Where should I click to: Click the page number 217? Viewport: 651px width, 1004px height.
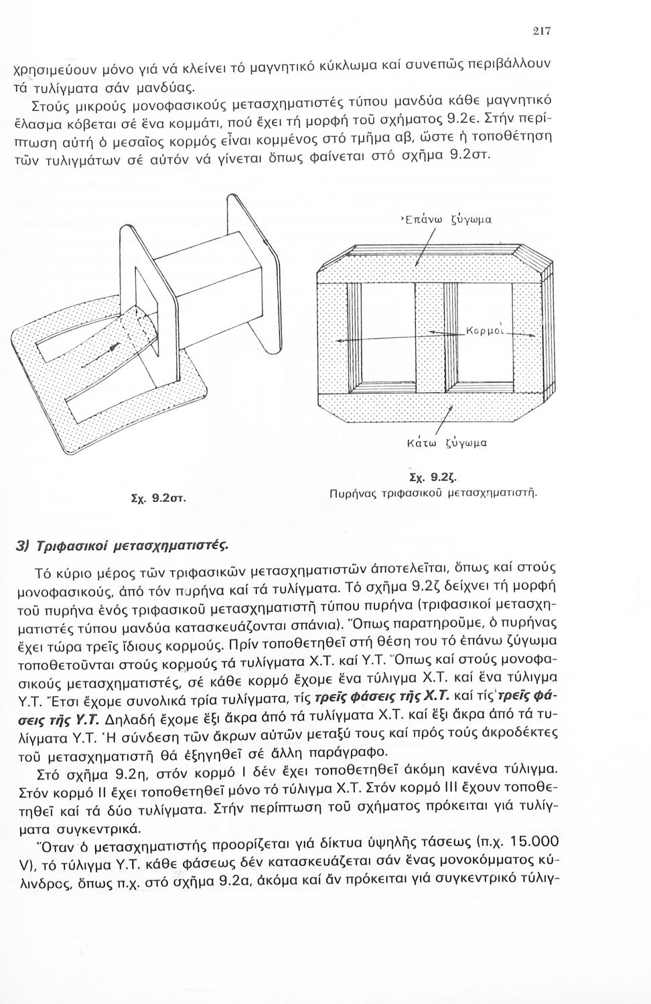tap(542, 31)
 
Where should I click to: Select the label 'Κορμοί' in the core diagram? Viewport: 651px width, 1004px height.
tap(486, 331)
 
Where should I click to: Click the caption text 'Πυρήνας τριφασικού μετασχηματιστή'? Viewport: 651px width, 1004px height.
tap(433, 494)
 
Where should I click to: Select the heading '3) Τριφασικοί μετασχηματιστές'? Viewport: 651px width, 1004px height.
tap(122, 546)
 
